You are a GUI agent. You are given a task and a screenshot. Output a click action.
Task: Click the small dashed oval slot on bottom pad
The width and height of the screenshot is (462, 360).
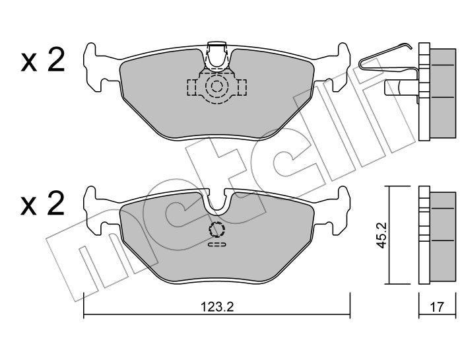coord(216,244)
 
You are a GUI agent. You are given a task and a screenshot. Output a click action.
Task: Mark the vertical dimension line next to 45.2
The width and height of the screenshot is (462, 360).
coord(389,236)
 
